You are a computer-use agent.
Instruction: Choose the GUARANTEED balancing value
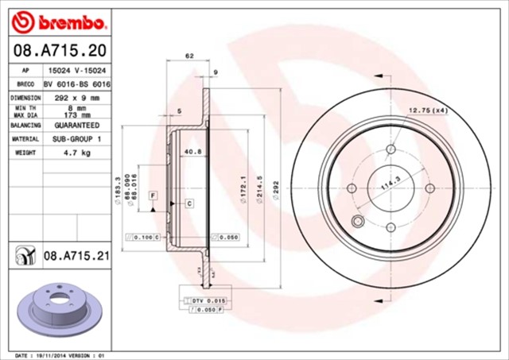pos(76,126)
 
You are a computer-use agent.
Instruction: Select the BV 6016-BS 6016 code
pos(76,83)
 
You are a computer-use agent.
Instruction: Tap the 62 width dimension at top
pos(189,56)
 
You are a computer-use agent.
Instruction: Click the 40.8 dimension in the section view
pos(191,151)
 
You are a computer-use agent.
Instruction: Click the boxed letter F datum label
pos(152,195)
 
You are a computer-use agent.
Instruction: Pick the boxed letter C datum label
pos(189,203)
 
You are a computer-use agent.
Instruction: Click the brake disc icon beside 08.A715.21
pos(24,254)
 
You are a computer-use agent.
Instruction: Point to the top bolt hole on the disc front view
pos(390,149)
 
